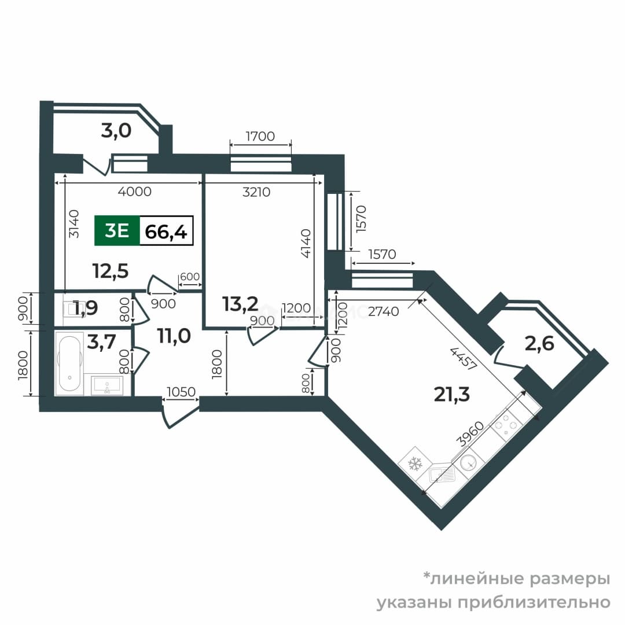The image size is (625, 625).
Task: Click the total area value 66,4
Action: click(x=166, y=231)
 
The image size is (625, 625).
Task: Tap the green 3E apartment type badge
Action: click(x=117, y=230)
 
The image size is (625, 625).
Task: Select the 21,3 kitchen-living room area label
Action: click(x=451, y=394)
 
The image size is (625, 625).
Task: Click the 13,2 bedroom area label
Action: click(x=240, y=304)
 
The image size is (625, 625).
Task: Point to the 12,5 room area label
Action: click(x=111, y=271)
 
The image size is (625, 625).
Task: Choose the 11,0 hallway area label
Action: click(x=174, y=336)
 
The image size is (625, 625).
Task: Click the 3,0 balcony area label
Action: click(x=116, y=130)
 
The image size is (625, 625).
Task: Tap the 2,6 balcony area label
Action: click(x=539, y=343)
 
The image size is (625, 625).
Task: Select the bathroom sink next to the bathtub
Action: click(x=107, y=385)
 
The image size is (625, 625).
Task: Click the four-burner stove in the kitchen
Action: click(x=506, y=425)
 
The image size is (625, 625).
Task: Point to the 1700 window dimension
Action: click(x=260, y=137)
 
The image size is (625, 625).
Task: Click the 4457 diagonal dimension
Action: click(x=463, y=359)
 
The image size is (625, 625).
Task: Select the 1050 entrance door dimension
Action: click(x=181, y=392)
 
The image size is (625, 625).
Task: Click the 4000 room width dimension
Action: click(x=135, y=192)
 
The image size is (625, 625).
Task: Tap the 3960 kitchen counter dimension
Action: click(x=470, y=434)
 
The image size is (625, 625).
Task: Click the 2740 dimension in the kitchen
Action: click(x=384, y=311)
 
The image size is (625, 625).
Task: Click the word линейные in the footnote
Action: click(x=474, y=579)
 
